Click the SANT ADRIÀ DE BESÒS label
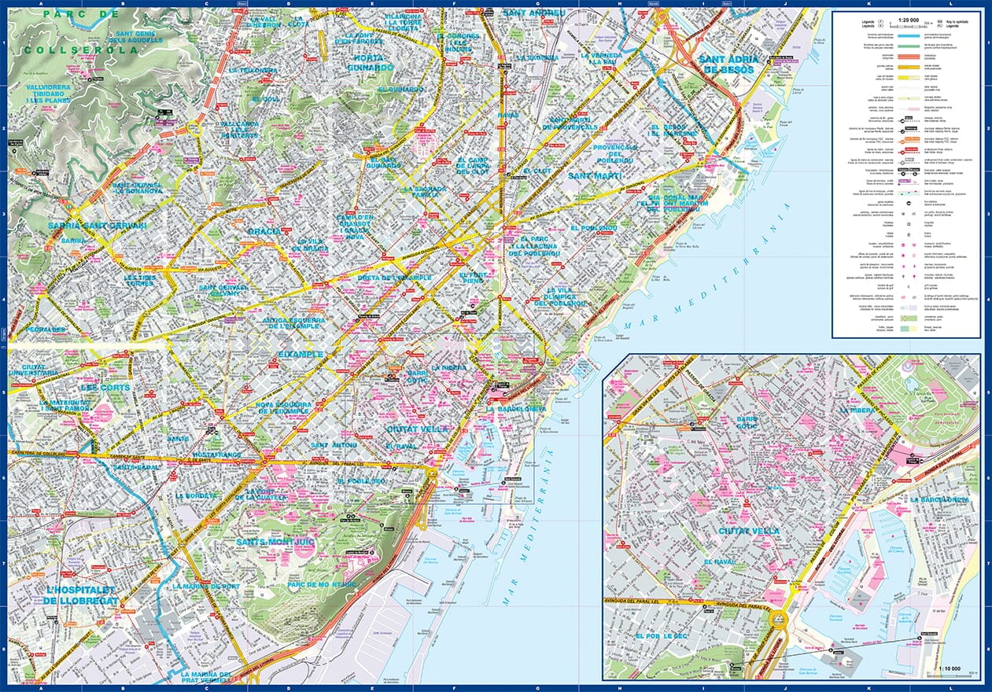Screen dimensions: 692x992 728,64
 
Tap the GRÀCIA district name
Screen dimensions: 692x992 264,231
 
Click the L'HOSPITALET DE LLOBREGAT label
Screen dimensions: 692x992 82,595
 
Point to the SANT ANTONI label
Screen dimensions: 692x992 334,445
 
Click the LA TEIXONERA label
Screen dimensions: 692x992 253,70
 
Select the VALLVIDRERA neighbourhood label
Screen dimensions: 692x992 48,88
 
